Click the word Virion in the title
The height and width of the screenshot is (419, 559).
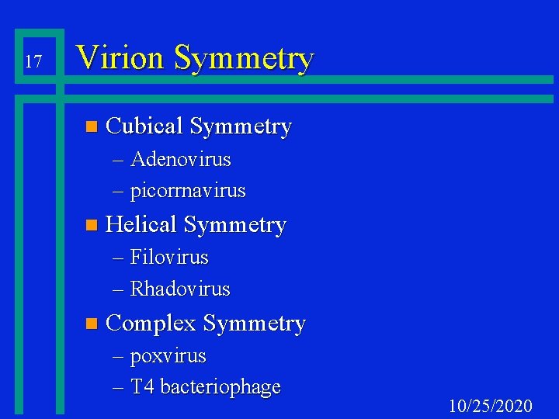[120, 58]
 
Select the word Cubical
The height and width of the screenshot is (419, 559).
[144, 126]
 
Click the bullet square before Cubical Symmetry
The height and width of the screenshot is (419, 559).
[92, 126]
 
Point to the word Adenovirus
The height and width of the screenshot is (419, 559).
[181, 160]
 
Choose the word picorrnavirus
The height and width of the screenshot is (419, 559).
[188, 190]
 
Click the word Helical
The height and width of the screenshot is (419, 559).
[141, 225]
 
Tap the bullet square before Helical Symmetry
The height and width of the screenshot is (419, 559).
[92, 226]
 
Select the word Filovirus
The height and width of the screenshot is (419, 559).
[169, 257]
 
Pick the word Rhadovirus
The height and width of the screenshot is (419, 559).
[180, 289]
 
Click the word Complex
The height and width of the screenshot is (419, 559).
[151, 324]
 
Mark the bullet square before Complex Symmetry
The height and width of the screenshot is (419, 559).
[92, 324]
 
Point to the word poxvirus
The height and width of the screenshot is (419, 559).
[168, 356]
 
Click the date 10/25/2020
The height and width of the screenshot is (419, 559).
[491, 406]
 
